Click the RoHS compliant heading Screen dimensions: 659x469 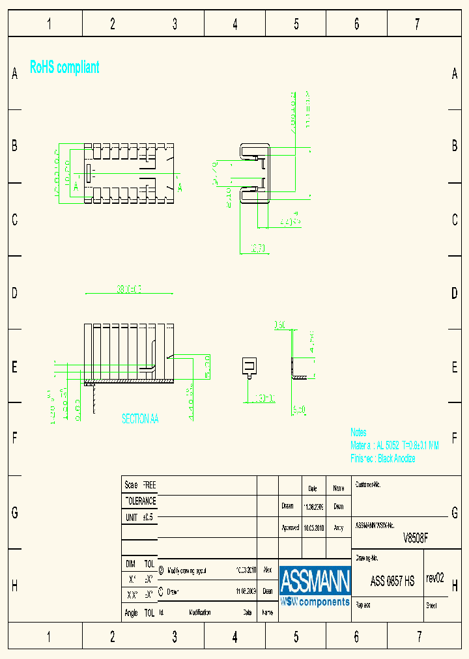coord(64,67)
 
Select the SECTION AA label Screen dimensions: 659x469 coord(140,419)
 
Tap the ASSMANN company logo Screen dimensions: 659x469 coord(315,587)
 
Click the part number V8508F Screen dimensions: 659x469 coord(416,539)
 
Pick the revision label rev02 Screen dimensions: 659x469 coord(434,578)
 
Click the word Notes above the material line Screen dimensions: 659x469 coord(358,432)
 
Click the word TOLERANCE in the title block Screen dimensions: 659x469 coord(140,501)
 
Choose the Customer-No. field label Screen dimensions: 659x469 coord(368,485)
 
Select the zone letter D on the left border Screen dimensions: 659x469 coord(14,293)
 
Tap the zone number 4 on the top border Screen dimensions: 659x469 coord(235,25)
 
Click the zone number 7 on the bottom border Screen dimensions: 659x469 coord(419,637)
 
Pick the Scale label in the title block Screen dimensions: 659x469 coord(131,485)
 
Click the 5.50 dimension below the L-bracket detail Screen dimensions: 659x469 coord(300,410)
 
